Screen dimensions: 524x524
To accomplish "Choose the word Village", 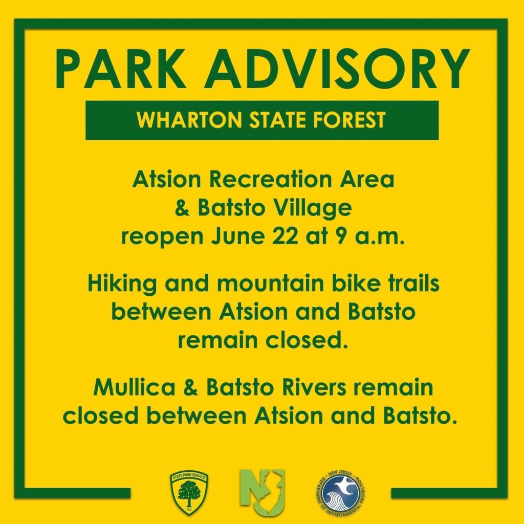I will coord(311,209).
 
